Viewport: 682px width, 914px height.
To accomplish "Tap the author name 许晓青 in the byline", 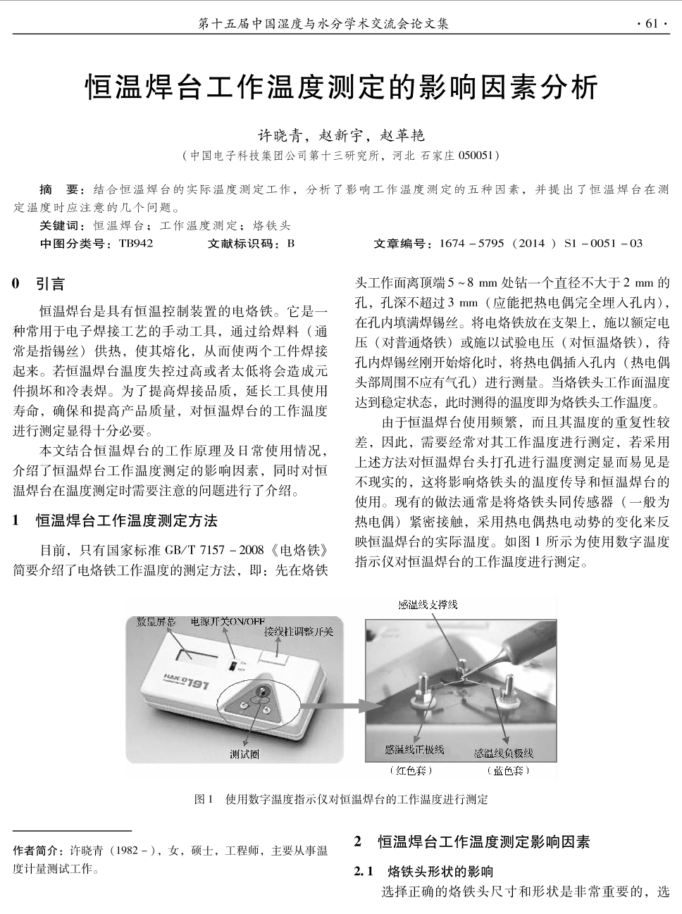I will click(x=277, y=135).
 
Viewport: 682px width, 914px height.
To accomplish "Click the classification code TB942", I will click(x=135, y=244).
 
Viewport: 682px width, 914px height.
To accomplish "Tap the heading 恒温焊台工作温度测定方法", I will click(x=127, y=521).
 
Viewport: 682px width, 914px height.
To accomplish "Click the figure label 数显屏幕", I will click(x=156, y=622).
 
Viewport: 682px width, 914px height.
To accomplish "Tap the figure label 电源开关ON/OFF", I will click(x=228, y=622).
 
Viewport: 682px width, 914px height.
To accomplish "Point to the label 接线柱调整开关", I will click(x=298, y=632).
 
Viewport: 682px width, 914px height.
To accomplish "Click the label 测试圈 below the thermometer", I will click(x=244, y=754).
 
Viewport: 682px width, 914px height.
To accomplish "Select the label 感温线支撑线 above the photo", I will click(x=428, y=604).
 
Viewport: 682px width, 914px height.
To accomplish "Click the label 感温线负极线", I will click(x=504, y=753).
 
